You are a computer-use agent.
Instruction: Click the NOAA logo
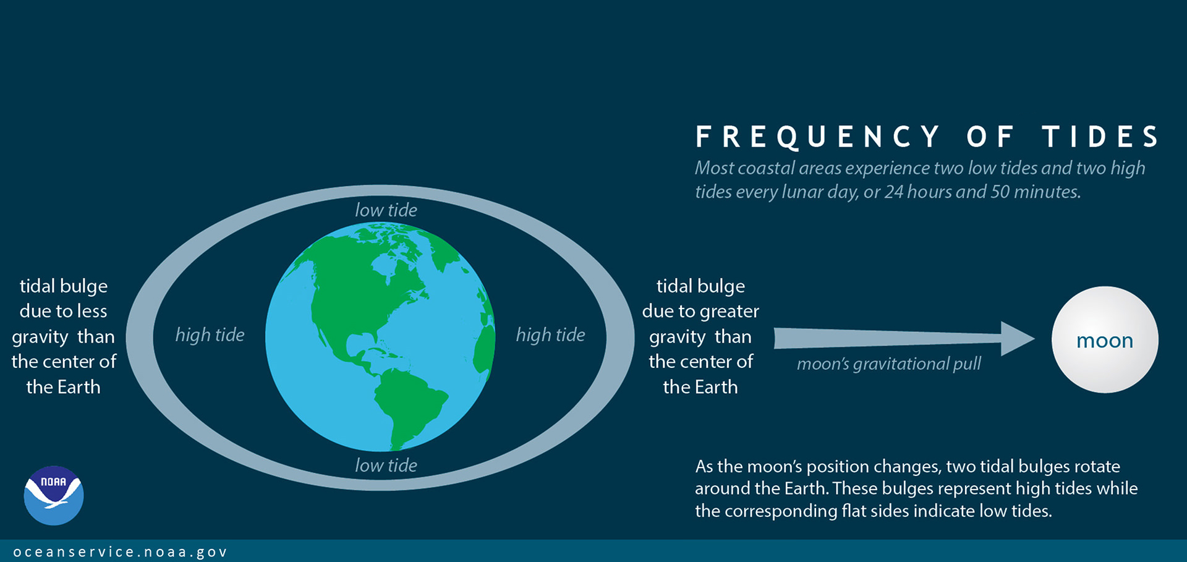(54, 495)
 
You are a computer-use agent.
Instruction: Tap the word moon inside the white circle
(1104, 341)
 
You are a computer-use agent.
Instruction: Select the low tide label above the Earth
(386, 210)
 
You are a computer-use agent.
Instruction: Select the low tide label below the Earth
(386, 465)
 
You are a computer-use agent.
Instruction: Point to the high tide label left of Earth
(210, 335)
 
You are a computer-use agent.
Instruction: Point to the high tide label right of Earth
(550, 335)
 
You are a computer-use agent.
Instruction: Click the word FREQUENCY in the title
(817, 137)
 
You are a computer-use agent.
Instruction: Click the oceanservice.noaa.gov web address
(121, 551)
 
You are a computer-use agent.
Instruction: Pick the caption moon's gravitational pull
(888, 364)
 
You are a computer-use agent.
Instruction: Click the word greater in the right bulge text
(730, 312)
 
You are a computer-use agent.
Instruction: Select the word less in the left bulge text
(91, 311)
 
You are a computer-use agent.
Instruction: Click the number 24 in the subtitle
(894, 192)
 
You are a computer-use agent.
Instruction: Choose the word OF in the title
(990, 137)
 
